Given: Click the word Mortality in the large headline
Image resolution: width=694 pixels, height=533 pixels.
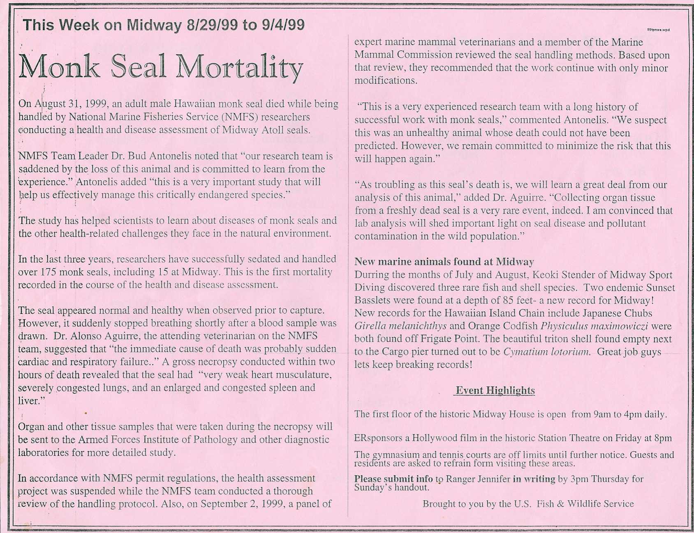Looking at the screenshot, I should coord(239,67).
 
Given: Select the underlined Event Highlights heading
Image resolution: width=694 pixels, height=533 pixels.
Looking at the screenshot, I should coord(495,391).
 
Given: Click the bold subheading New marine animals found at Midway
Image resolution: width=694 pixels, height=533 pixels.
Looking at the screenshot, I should coord(444,262).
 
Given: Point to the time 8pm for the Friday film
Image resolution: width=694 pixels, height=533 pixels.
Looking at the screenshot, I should coord(663,438).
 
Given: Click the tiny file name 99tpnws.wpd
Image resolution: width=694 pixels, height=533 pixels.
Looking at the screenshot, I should coord(658,30).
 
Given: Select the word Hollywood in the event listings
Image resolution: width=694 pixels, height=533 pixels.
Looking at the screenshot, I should coord(436,438).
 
